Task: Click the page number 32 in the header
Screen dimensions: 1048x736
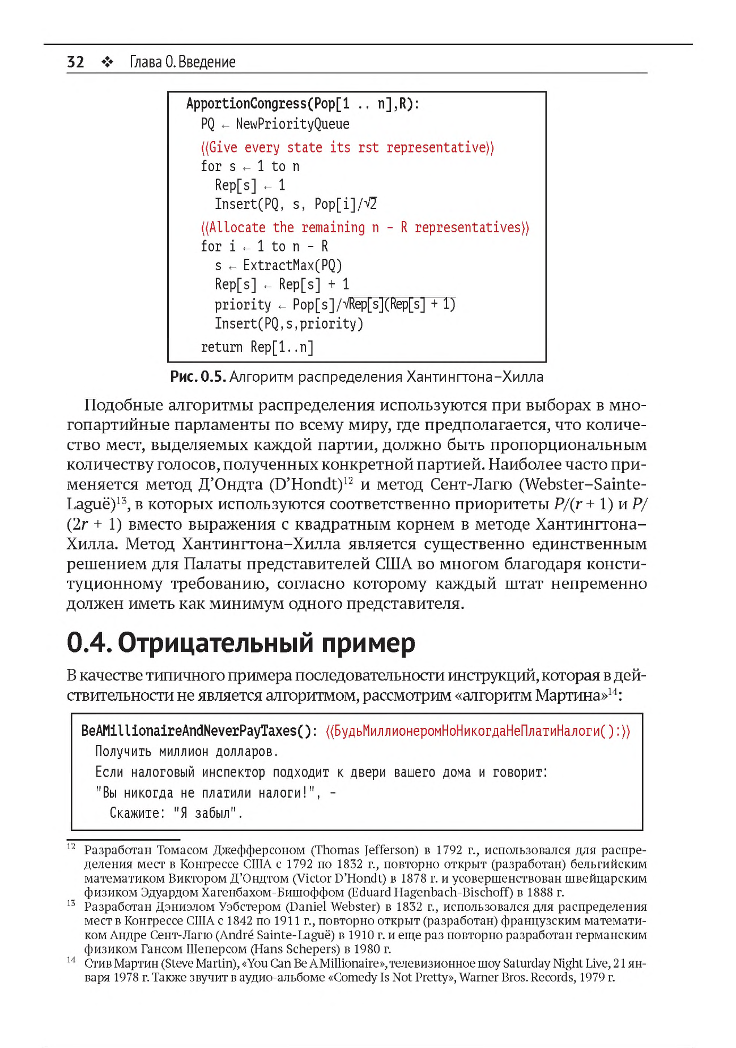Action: tap(75, 62)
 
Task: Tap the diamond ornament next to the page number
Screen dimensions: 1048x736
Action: tap(107, 62)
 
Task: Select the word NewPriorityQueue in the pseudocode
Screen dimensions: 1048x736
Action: tap(292, 124)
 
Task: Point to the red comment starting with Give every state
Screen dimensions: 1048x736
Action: tap(347, 148)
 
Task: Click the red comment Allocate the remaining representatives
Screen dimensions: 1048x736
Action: tap(365, 228)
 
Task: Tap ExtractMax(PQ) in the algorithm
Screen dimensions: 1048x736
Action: tap(292, 266)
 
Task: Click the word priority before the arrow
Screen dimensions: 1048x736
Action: tap(243, 305)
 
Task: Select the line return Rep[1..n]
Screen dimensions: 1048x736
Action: tap(257, 347)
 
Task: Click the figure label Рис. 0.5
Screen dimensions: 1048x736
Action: tap(198, 377)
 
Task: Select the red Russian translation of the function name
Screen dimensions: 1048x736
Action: tap(478, 731)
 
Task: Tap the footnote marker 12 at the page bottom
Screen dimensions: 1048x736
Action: tap(71, 846)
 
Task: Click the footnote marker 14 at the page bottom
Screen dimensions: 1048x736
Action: tap(71, 960)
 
